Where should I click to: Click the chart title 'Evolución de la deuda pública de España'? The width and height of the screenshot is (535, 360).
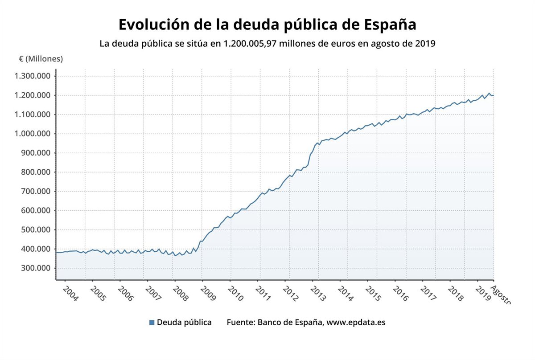click(x=267, y=25)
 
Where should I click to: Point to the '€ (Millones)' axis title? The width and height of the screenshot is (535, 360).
click(x=41, y=59)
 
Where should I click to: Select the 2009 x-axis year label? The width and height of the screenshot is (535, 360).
click(x=208, y=294)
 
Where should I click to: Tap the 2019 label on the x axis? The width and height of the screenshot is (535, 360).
click(x=483, y=294)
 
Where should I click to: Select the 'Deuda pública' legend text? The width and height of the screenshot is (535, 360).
click(x=184, y=322)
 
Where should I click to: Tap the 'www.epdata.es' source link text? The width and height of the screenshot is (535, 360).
click(x=356, y=322)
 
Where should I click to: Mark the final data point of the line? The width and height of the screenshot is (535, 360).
click(x=494, y=95)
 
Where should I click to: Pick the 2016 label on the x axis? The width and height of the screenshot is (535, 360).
click(x=400, y=294)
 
